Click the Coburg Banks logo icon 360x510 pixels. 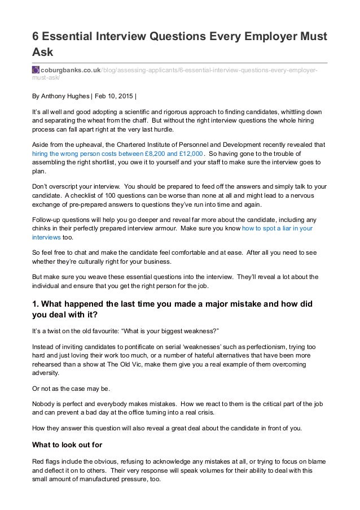36,69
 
